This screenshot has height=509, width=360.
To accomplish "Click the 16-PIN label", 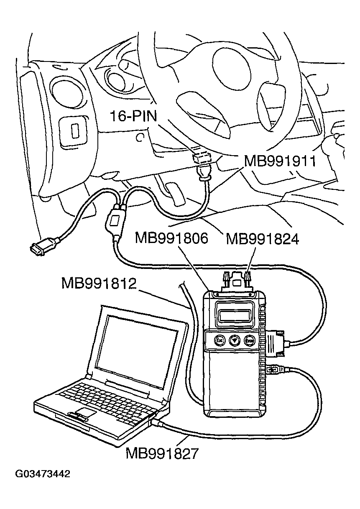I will click(133, 115).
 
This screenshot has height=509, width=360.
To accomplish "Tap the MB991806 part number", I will click(171, 238).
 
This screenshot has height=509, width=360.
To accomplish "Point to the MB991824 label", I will click(262, 239).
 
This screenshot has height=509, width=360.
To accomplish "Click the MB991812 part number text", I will click(99, 283).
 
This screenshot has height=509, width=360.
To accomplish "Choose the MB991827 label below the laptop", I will click(163, 453).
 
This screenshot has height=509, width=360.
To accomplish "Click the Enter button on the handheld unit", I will click(250, 340).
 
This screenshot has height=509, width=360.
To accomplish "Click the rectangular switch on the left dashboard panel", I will click(75, 130).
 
